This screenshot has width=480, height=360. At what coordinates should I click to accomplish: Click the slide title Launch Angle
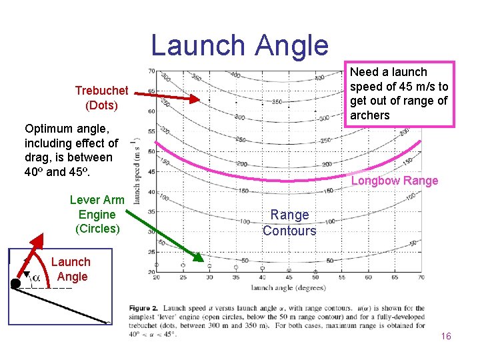pos(239,45)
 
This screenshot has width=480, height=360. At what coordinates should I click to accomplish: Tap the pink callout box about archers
pos(399,94)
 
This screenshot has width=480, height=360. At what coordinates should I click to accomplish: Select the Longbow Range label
pos(395,181)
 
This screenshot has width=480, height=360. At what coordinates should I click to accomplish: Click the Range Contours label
pos(289,223)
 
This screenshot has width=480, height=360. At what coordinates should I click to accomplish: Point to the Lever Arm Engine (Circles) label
pos(97,214)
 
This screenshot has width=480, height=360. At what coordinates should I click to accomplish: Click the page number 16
pos(446,336)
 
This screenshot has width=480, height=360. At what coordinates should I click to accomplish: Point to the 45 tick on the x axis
pos(289,277)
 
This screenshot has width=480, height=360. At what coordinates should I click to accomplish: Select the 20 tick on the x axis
pos(156,277)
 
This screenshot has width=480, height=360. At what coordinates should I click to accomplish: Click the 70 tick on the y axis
pos(151,71)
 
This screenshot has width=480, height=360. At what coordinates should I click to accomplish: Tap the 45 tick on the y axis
pos(151,172)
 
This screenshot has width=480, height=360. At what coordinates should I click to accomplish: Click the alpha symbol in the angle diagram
pos(36,277)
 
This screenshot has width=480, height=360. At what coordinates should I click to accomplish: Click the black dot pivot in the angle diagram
pos(15,284)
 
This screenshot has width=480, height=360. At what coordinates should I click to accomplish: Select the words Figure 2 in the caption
pos(145,309)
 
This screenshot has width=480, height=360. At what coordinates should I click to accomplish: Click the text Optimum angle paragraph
pos(71,150)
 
